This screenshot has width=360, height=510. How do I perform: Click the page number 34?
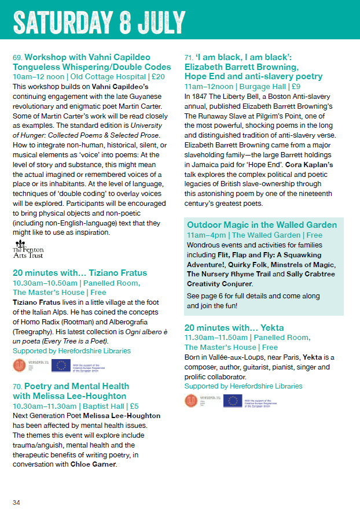coord(17,501)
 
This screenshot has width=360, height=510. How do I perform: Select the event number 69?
coord(17,58)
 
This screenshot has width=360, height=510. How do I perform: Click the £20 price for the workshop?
coord(158,76)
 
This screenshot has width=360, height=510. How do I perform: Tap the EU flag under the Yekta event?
coord(232,401)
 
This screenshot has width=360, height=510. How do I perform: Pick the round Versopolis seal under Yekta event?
coord(191,401)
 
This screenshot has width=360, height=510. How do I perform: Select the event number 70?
coord(17,386)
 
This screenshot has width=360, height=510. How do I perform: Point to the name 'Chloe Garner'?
coord(93,464)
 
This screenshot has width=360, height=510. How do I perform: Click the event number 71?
coord(189,58)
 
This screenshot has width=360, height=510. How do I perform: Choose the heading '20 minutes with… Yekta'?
coord(234,327)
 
